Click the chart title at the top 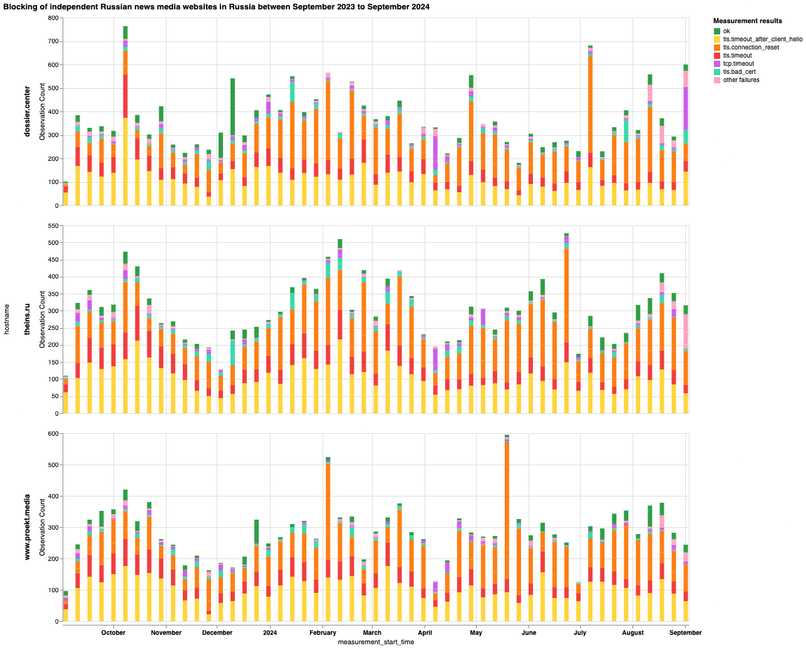click(216, 6)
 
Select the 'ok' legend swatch click(717, 31)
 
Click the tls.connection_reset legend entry click(751, 48)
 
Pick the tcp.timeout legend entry click(738, 64)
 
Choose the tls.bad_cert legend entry click(738, 72)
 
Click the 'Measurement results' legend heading click(747, 21)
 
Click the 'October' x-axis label click(113, 632)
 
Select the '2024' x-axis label click(270, 632)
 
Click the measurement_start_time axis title click(376, 642)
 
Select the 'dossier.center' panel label click(28, 112)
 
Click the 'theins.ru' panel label click(28, 319)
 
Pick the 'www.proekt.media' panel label click(28, 527)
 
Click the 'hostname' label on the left click(7, 319)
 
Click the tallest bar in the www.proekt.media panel click(507, 529)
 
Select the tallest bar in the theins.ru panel click(566, 326)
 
